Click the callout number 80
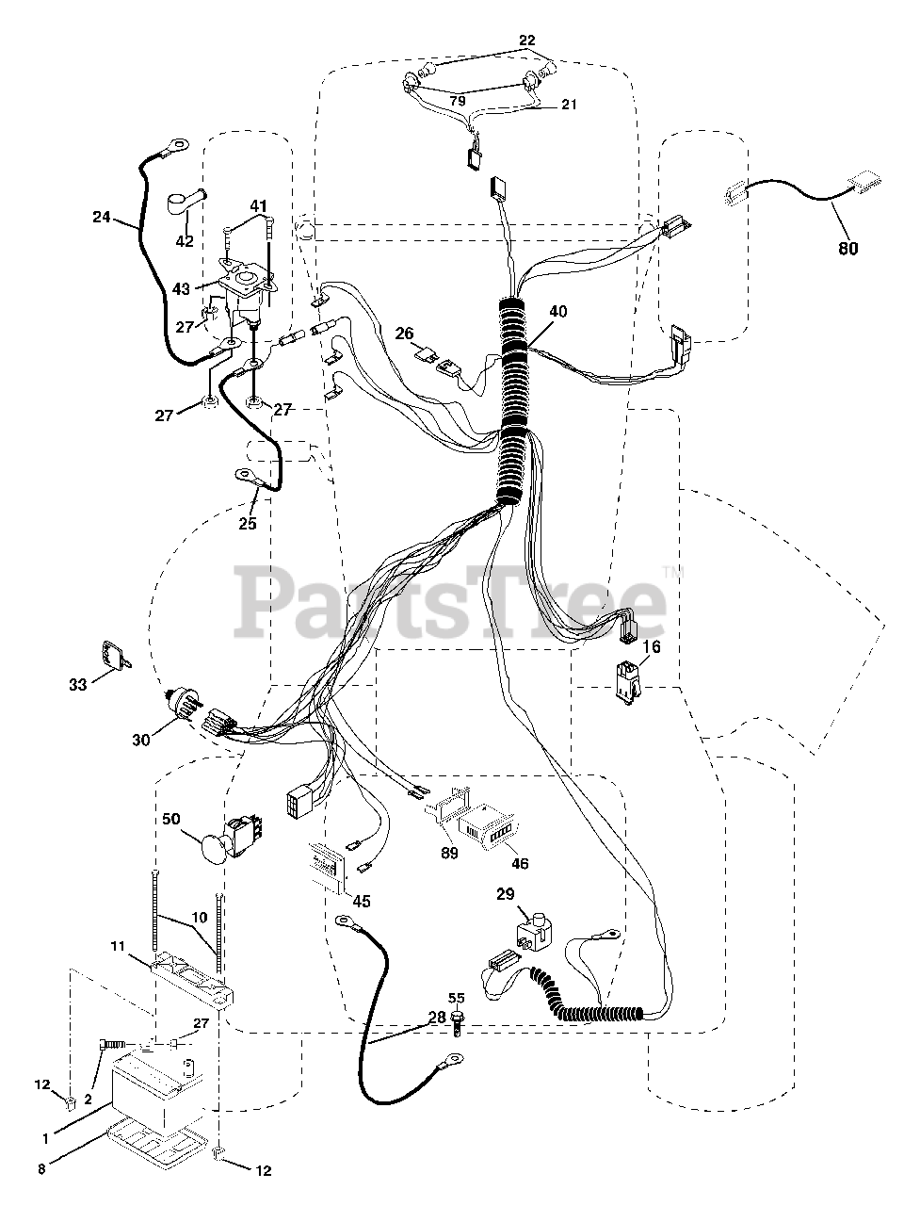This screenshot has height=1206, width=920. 847,250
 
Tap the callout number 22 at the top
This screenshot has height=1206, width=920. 526,40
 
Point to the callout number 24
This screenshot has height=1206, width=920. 102,218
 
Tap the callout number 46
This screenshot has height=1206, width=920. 519,863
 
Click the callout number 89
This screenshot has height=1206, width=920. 449,853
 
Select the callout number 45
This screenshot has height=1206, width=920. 362,900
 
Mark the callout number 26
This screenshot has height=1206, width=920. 404,333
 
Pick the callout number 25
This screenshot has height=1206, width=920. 248,524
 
